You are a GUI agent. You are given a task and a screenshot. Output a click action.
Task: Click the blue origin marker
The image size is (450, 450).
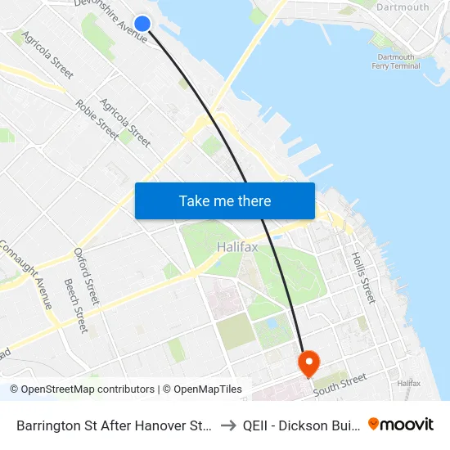tap(142, 24)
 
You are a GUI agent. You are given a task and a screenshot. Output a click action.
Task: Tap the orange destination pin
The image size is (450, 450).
tap(309, 362)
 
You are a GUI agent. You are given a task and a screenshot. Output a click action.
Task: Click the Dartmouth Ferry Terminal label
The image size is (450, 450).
tap(396, 61)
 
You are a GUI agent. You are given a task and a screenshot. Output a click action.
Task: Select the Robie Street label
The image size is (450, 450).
tap(97, 118)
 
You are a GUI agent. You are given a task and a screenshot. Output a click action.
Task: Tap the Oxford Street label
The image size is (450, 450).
tap(85, 277)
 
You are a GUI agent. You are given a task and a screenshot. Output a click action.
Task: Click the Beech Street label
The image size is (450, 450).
tap(75, 305)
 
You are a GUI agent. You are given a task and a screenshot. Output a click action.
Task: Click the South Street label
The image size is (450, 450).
tap(342, 382)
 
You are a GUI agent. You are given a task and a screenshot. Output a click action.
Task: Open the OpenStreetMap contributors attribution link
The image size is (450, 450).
tap(88, 389)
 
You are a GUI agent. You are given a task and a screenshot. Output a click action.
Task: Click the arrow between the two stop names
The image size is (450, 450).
tap(228, 425)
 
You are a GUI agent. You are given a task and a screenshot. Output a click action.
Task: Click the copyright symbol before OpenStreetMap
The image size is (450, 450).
tap(15, 389)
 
